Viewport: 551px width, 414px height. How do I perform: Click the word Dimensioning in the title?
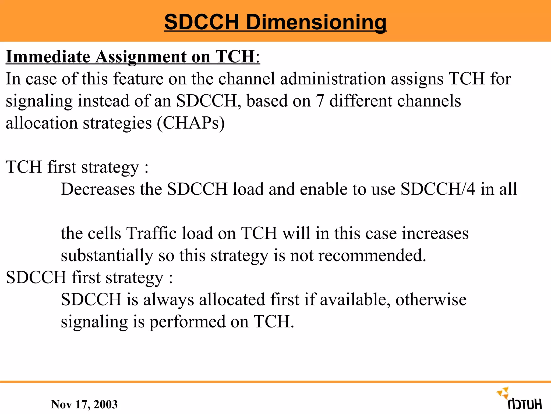[316, 22]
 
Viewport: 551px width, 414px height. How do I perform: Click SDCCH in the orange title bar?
[202, 22]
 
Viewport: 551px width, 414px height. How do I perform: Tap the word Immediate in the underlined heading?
[48, 57]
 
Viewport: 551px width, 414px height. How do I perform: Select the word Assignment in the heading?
[141, 57]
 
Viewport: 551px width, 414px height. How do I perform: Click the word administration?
[333, 79]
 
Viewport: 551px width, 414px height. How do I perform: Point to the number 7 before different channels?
[320, 101]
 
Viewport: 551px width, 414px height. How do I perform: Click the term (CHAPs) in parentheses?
[190, 123]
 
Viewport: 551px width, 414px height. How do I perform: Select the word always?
[169, 300]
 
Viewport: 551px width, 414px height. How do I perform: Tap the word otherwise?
[431, 300]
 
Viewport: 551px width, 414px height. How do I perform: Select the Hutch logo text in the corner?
[525, 404]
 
